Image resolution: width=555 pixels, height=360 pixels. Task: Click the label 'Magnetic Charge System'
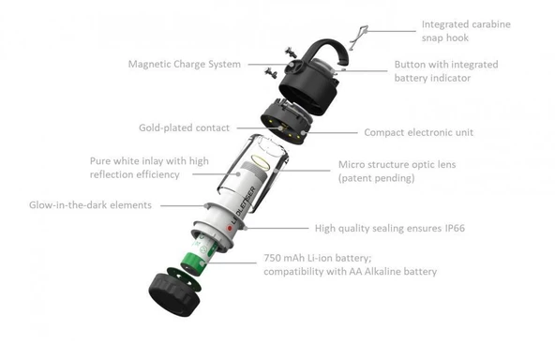tap(184, 65)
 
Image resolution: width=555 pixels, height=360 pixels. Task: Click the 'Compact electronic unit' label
tap(419, 133)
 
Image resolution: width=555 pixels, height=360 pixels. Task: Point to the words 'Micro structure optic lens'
tap(402, 165)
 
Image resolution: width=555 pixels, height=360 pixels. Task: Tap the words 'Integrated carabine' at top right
tap(465, 24)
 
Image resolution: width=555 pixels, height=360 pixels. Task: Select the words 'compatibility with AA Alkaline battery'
tap(351, 272)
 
